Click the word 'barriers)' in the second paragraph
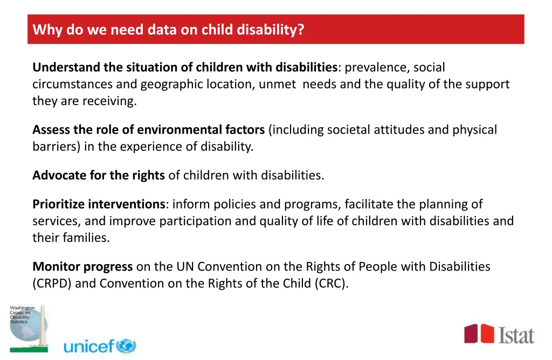click(57, 147)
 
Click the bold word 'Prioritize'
click(59, 205)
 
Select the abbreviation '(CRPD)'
click(52, 283)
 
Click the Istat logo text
click(516, 335)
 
